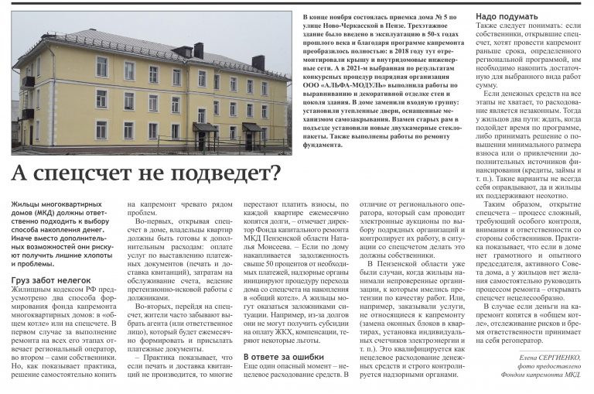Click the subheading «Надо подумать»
pyautogui.click(x=502, y=15)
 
